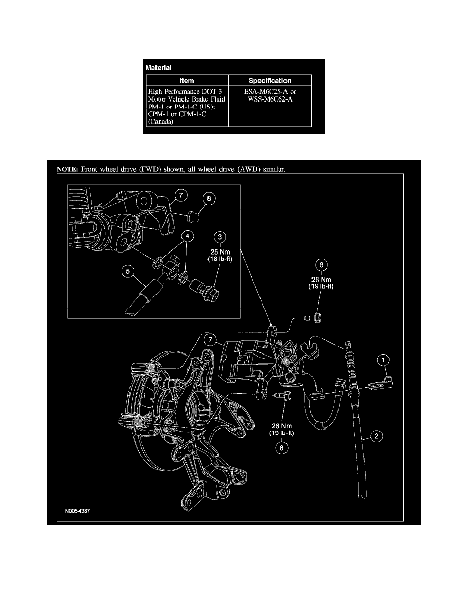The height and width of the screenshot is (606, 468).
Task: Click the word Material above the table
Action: [159, 67]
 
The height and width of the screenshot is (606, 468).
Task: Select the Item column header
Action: [187, 80]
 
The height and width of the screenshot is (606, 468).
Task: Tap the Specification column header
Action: [270, 80]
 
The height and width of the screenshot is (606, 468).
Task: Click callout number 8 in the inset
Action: [207, 199]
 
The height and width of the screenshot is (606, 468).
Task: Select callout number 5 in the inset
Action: [128, 272]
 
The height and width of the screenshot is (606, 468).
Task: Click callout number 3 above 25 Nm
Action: [220, 237]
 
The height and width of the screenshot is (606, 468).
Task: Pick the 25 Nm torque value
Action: [220, 251]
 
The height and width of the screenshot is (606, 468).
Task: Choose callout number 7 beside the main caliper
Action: [210, 340]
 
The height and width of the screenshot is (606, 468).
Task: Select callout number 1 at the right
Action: [383, 361]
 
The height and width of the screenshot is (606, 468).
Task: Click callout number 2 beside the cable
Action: [376, 436]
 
